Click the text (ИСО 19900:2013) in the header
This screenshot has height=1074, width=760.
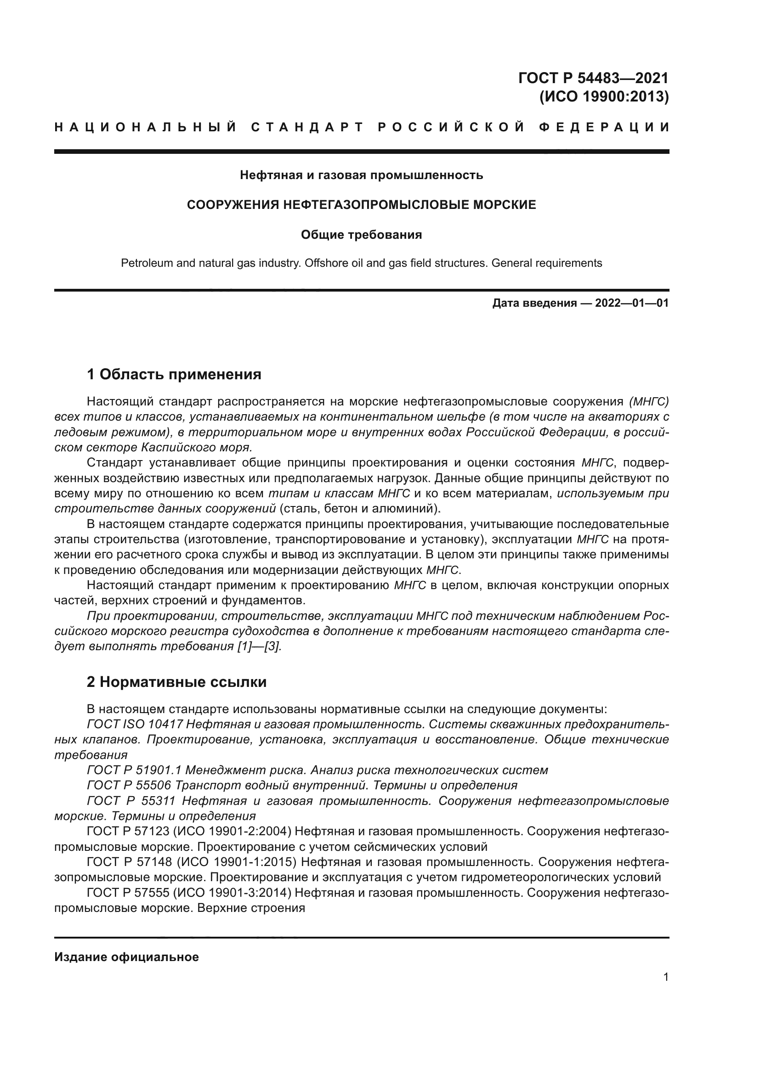tap(604, 96)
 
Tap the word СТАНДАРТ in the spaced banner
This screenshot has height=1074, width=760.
tap(307, 127)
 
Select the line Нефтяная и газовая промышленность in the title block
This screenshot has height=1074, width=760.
tap(361, 175)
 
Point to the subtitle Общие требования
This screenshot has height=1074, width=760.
tap(361, 235)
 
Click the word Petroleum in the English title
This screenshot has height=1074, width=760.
tap(146, 264)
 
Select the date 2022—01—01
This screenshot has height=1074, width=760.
tap(632, 304)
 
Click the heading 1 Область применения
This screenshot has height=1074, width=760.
tap(174, 374)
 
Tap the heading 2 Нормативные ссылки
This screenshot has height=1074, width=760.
tap(177, 682)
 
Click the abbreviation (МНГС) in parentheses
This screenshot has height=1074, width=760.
tap(649, 401)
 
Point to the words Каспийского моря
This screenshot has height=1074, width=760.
tap(197, 447)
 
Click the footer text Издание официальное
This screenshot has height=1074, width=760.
tap(126, 957)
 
